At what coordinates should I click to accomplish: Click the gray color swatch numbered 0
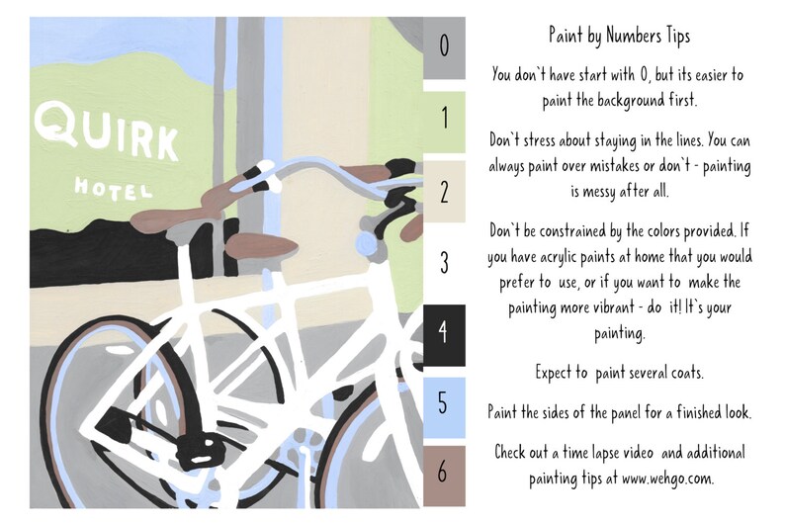[444, 47]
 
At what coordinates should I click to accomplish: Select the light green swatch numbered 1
[444, 120]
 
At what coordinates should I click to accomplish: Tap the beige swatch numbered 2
[444, 192]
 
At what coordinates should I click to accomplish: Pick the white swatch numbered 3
[444, 262]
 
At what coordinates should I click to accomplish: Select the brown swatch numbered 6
[444, 473]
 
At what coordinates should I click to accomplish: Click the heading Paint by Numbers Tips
[619, 37]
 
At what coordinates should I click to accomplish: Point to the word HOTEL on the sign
[112, 187]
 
